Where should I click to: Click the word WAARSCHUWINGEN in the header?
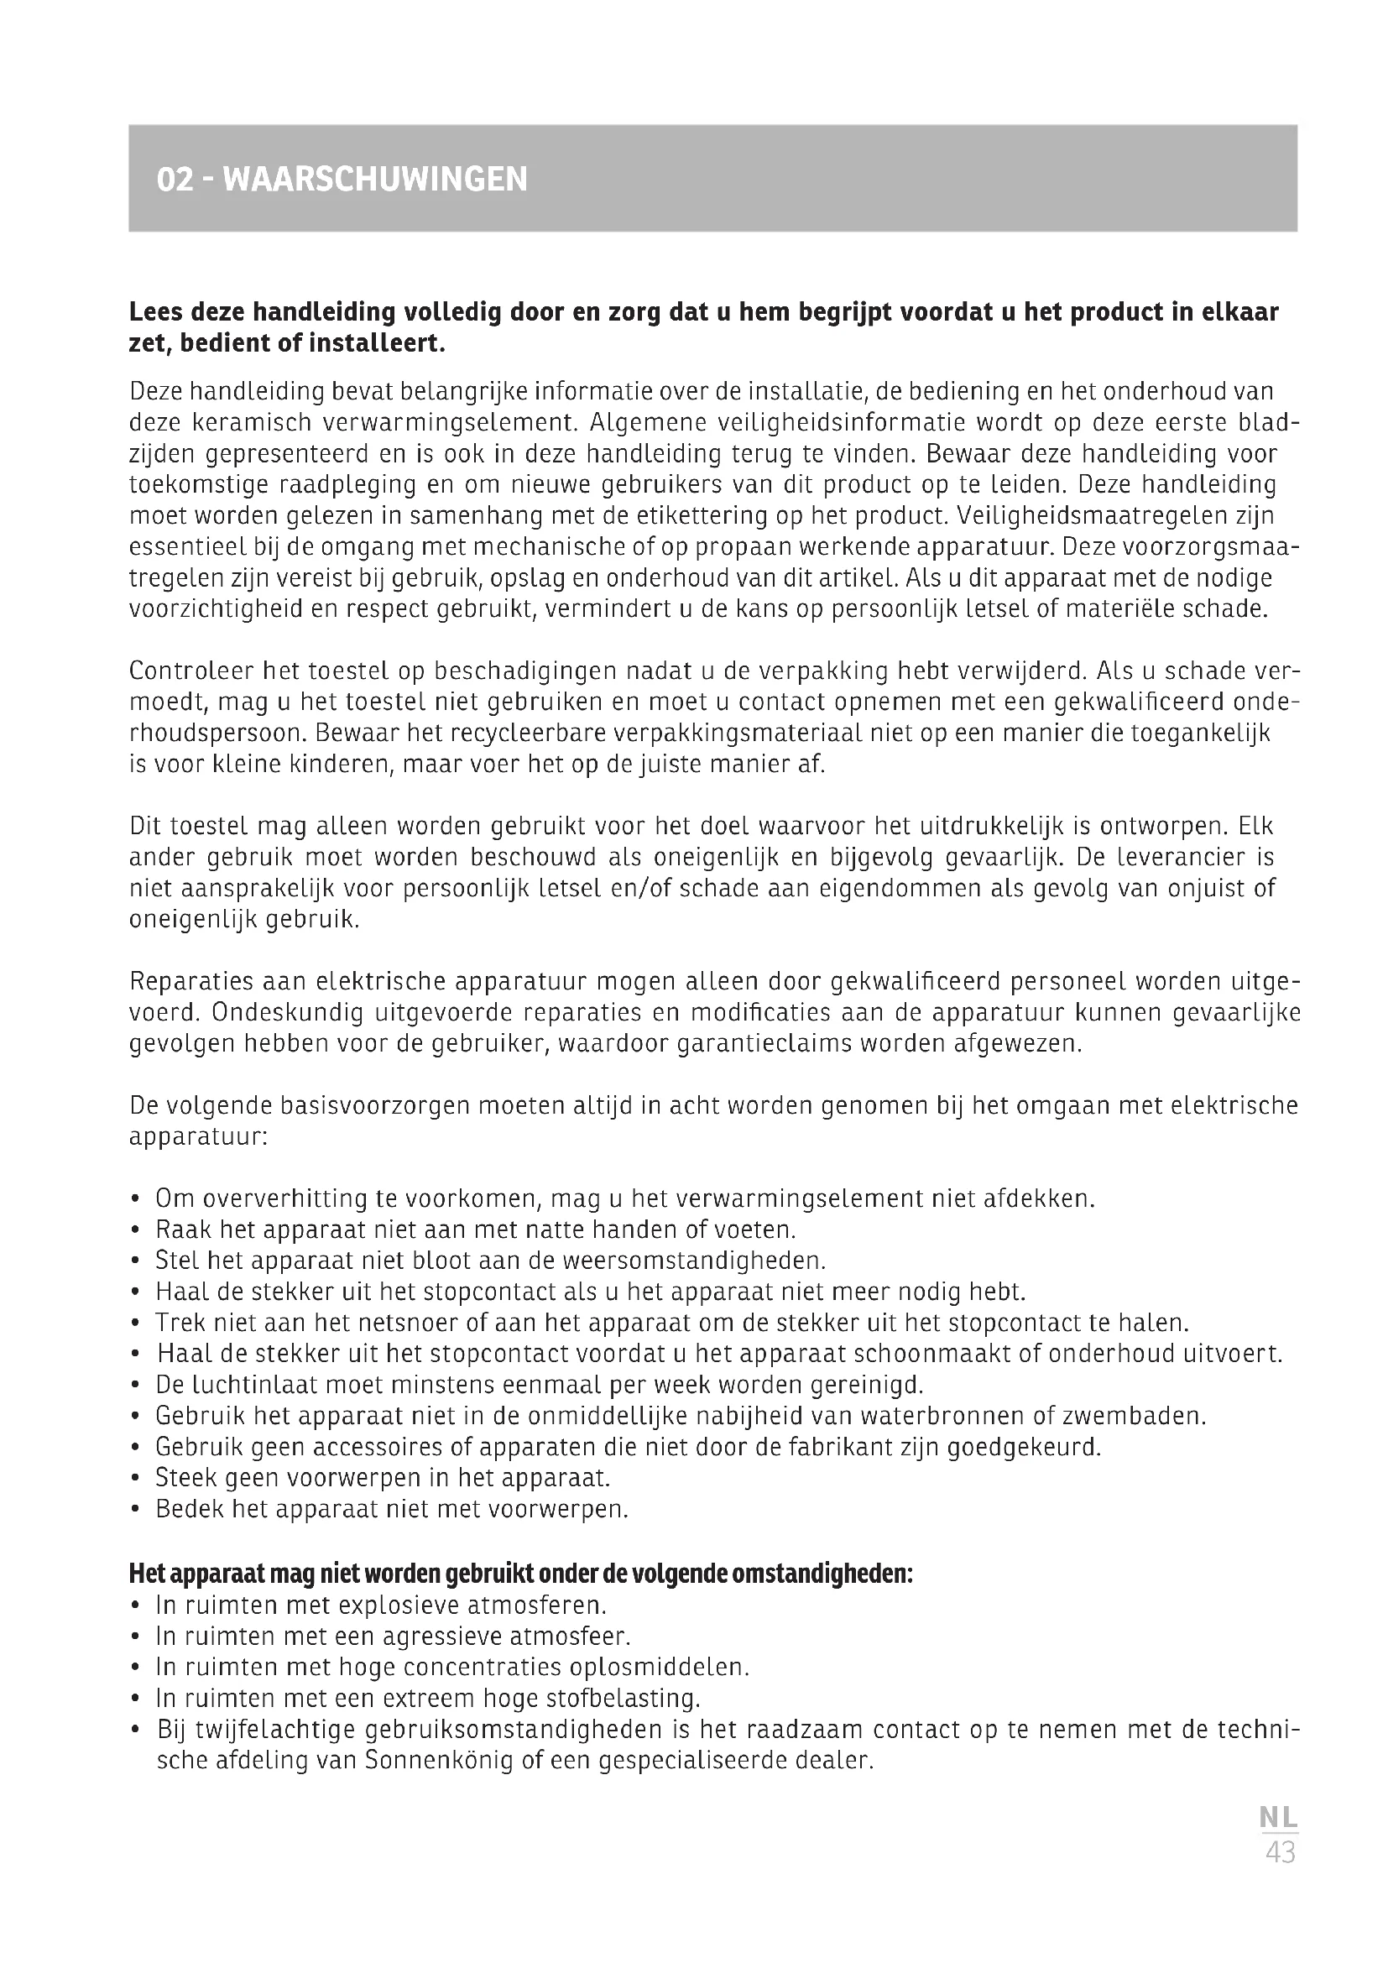click(375, 180)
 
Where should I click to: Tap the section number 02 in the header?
click(175, 180)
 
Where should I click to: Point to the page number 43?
click(1281, 1852)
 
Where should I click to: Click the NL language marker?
click(1279, 1818)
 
